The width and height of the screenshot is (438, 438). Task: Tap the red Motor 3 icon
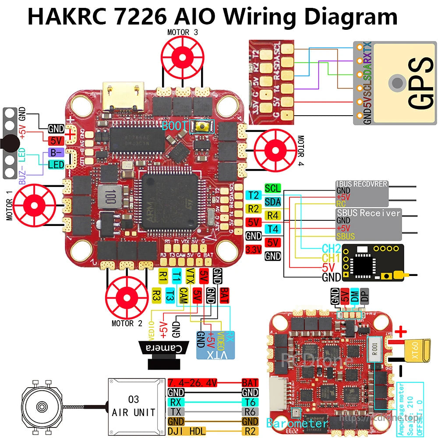click(x=182, y=56)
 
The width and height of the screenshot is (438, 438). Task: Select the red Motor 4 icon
click(x=276, y=150)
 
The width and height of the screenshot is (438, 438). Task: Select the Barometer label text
click(x=297, y=424)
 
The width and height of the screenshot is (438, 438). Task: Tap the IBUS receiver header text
click(x=361, y=184)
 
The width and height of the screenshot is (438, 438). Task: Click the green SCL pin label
click(x=272, y=188)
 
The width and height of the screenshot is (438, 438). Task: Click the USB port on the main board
click(x=121, y=95)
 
